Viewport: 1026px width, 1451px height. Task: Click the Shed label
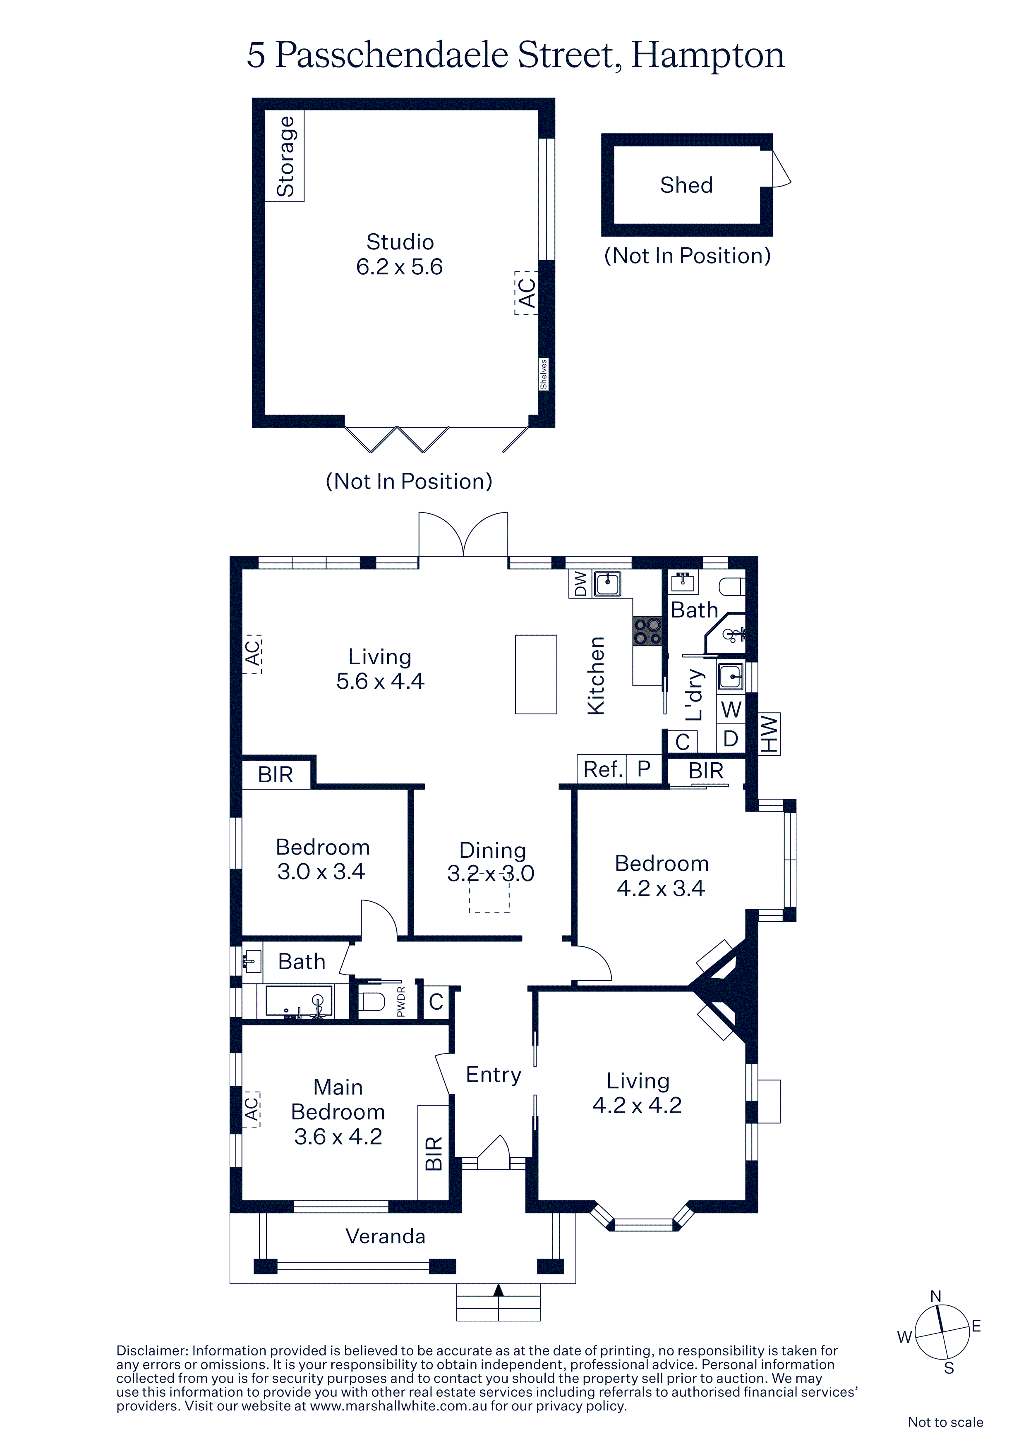click(686, 185)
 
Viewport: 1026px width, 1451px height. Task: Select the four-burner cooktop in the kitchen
click(647, 631)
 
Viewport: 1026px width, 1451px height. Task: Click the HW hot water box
click(769, 734)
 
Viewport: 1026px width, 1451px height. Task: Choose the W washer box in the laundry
click(731, 709)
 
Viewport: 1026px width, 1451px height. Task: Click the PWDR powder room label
click(400, 1002)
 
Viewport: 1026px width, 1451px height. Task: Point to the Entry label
click(494, 1074)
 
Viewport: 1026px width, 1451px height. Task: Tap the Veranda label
click(385, 1236)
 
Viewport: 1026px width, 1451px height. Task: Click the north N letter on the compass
click(935, 1296)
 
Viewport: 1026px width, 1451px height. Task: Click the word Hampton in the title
click(708, 55)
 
